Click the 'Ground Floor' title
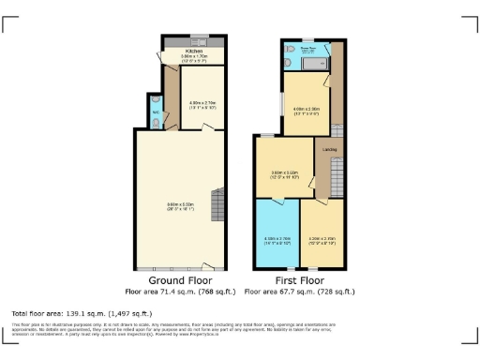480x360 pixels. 179,279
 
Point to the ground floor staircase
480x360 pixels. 217,205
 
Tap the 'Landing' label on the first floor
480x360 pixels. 330,149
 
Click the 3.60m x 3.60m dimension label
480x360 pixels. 284,174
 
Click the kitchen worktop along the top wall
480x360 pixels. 194,43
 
